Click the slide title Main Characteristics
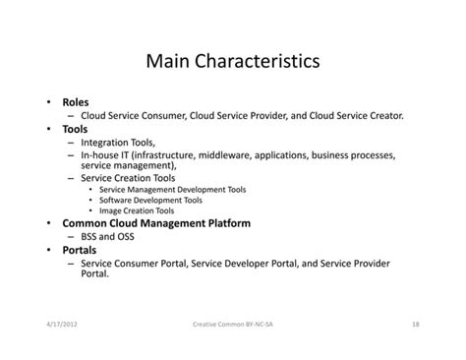(232, 61)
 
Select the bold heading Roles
(76, 102)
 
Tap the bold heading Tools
(75, 129)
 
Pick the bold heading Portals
(80, 250)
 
